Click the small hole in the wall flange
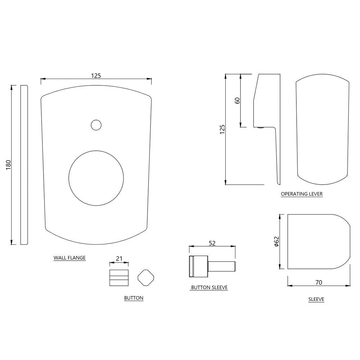pyautogui.click(x=96, y=125)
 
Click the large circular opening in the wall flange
pyautogui.click(x=96, y=179)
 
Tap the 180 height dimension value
pyautogui.click(x=9, y=165)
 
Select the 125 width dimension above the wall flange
pyautogui.click(x=96, y=76)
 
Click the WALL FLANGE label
pyautogui.click(x=69, y=258)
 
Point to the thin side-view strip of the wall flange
pyautogui.click(x=24, y=165)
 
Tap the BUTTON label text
pyautogui.click(x=134, y=298)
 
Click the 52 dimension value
pyautogui.click(x=212, y=243)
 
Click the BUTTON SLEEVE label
pyautogui.click(x=209, y=288)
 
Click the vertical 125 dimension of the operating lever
pyautogui.click(x=222, y=129)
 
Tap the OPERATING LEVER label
pyautogui.click(x=302, y=194)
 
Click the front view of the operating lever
pyautogui.click(x=323, y=127)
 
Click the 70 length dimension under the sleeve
pyautogui.click(x=318, y=283)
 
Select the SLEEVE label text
pyautogui.click(x=316, y=299)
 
